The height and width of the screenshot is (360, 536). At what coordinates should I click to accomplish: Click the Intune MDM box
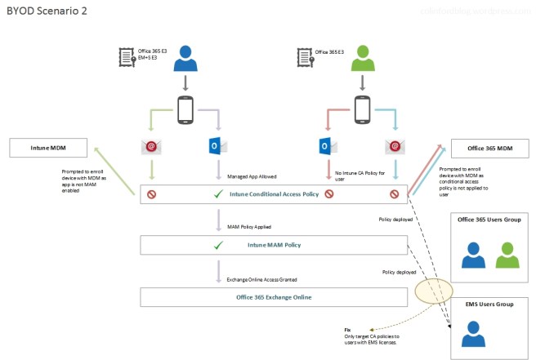[x=48, y=148]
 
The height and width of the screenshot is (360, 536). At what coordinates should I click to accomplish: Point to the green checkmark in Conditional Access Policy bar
[x=217, y=195]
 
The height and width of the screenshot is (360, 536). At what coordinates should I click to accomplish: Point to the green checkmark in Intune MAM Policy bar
[x=217, y=245]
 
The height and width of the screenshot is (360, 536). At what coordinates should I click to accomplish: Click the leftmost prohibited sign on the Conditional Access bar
[x=150, y=195]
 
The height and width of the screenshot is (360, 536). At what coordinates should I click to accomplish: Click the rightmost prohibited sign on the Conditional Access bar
[x=396, y=195]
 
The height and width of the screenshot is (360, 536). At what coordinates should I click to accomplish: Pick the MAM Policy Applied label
[x=249, y=226]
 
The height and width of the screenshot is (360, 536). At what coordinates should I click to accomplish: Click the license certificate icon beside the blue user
[x=127, y=58]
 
